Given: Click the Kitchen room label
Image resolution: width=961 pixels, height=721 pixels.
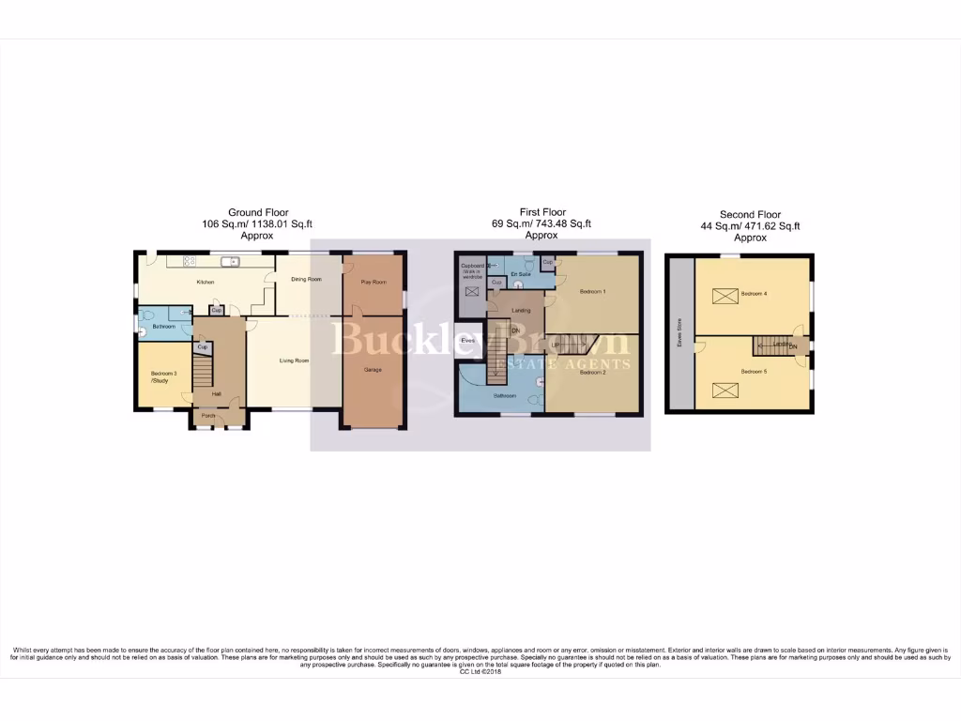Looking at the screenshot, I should [205, 282].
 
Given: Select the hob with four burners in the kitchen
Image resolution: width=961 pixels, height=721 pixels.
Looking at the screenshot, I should [189, 260].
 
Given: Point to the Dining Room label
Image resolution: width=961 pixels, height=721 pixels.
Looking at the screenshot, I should [306, 279].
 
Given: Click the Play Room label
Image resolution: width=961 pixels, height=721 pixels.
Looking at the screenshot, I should [374, 282].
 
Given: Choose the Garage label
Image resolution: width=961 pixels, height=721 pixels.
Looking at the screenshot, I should [374, 370].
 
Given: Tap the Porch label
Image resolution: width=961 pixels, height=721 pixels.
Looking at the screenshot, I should [208, 416].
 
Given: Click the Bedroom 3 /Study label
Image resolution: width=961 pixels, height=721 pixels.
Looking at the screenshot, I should [162, 377].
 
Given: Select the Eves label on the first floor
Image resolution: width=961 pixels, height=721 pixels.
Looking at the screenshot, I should [467, 340].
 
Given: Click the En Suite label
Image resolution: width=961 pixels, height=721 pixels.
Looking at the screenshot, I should [521, 274].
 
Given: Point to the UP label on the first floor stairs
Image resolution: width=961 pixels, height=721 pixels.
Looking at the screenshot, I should [555, 345].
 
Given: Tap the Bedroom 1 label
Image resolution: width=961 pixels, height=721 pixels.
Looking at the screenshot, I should [592, 292].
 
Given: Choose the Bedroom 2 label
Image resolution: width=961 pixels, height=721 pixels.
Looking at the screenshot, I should [592, 373].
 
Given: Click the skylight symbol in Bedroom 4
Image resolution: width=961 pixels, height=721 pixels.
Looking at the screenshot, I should [725, 297].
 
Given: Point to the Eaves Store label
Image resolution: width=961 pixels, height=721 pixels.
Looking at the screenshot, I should [679, 334].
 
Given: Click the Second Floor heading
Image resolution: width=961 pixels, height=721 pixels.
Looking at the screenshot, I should [750, 215].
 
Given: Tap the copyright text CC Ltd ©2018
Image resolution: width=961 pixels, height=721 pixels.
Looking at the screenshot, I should [480, 671].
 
